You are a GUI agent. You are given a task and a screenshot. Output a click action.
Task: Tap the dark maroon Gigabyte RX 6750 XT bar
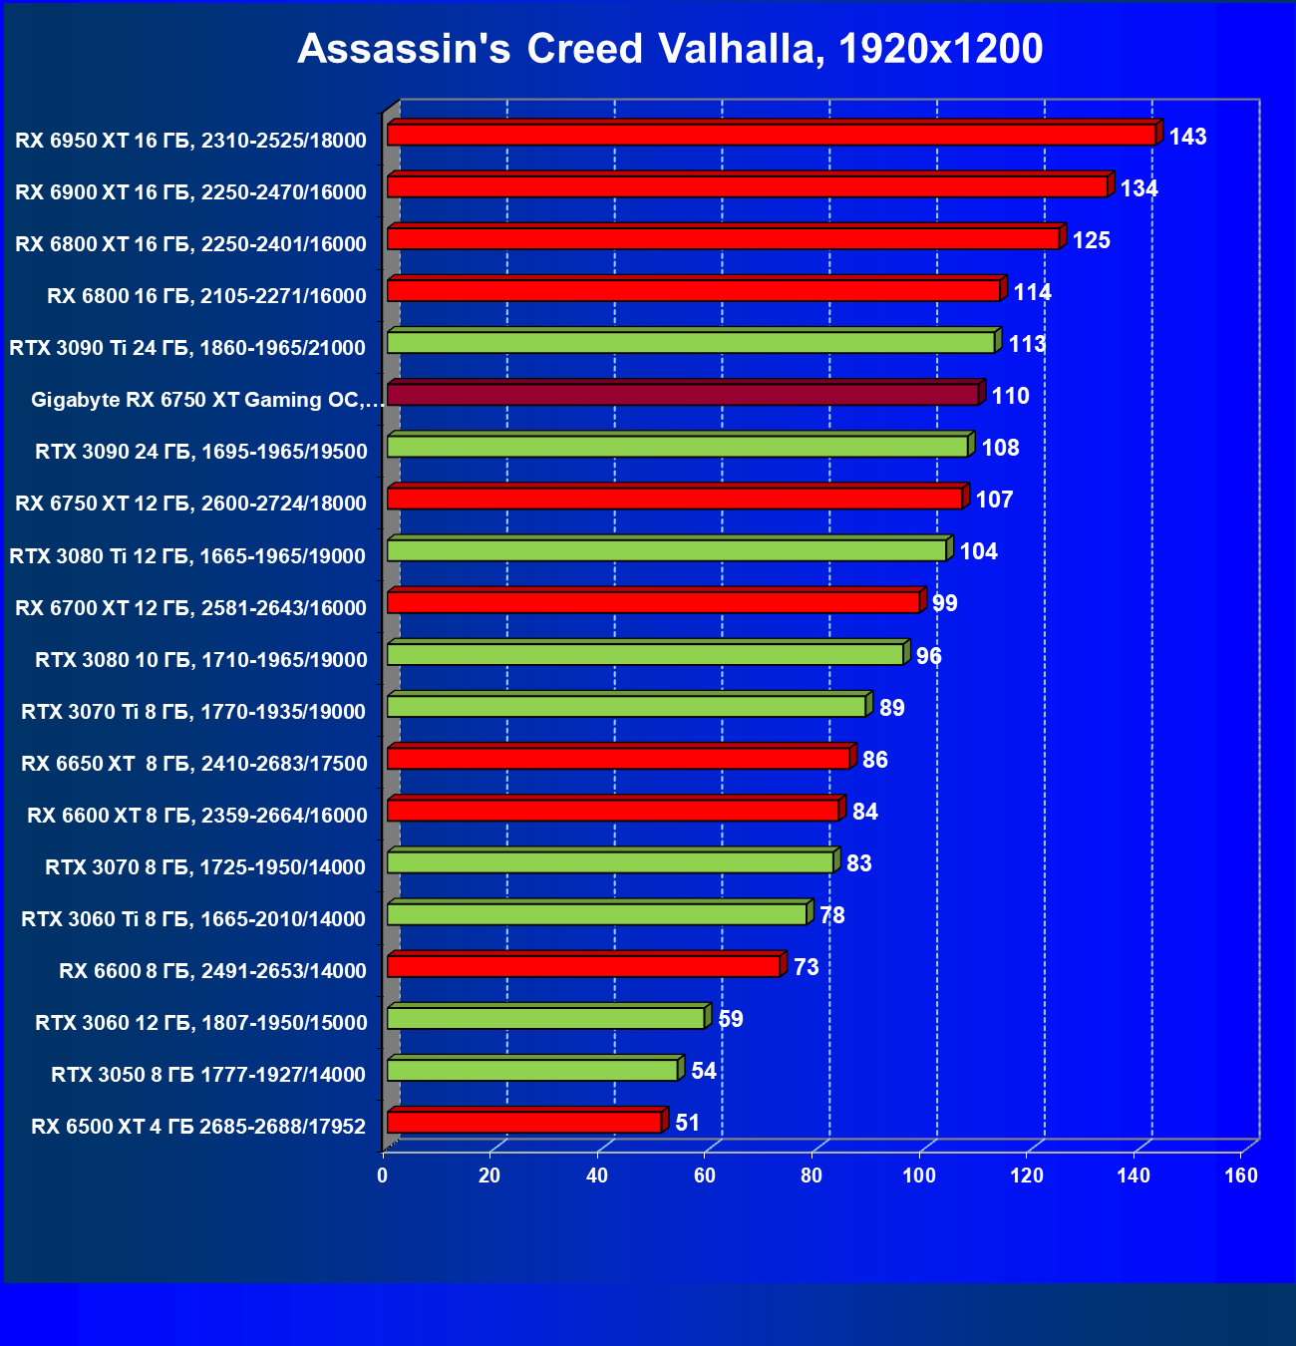(x=683, y=395)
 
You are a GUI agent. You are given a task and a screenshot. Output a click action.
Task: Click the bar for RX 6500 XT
(x=524, y=1123)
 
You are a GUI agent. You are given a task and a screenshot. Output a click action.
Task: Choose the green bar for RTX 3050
(x=532, y=1071)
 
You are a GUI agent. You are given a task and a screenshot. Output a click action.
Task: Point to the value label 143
(x=1187, y=137)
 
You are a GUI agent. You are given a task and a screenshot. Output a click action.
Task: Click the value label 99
(x=944, y=603)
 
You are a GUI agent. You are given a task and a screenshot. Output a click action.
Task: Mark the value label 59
(x=731, y=1019)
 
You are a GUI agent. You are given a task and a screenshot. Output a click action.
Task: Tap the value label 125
(x=1091, y=240)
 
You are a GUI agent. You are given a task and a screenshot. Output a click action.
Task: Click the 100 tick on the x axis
(x=919, y=1176)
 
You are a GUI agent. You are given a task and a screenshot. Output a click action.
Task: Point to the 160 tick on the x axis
(x=1241, y=1176)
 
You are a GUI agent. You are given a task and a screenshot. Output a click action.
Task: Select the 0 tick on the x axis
(x=383, y=1176)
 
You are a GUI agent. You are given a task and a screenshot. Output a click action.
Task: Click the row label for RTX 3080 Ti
(x=187, y=555)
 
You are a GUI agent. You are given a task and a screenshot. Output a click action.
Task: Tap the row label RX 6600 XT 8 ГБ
(x=197, y=815)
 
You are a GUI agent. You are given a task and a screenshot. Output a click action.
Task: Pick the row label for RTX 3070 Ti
(x=193, y=711)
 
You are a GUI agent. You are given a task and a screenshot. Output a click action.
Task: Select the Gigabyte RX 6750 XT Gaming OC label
(x=206, y=400)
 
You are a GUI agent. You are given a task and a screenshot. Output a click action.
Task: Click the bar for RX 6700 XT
(x=653, y=602)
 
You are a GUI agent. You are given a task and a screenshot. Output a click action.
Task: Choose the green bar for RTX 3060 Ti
(x=596, y=914)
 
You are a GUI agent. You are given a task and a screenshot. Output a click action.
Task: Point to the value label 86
(x=874, y=760)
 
